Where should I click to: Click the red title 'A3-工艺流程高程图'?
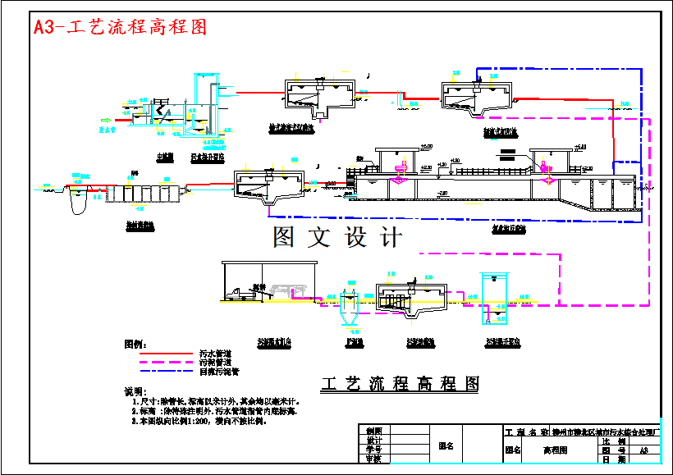click(120, 26)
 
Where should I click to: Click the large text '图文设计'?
click(337, 237)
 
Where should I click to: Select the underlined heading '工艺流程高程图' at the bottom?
click(401, 383)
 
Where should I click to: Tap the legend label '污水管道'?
click(213, 353)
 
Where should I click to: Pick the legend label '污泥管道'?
click(213, 362)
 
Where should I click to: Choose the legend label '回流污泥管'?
click(218, 372)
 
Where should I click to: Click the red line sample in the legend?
click(160, 353)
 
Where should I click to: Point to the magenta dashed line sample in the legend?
click(160, 362)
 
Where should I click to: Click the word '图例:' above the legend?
click(135, 341)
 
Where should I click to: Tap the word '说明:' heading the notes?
click(133, 391)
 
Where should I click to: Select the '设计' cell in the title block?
click(373, 440)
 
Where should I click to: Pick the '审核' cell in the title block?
click(373, 459)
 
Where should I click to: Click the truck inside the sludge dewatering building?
click(243, 292)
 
